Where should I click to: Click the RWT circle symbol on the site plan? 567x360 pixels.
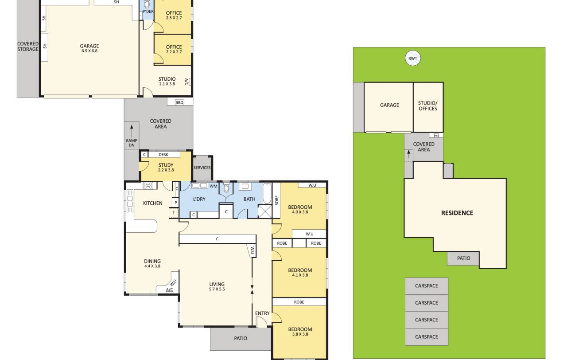tap(412, 58)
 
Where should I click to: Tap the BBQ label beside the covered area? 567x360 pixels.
tap(179, 102)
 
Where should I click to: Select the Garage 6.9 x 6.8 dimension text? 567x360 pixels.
tap(89, 51)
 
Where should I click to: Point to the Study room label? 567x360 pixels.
tap(166, 165)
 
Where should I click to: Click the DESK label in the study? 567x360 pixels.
tap(163, 155)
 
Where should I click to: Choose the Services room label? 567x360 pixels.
tap(202, 168)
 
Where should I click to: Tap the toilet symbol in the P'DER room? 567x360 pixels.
tap(147, 4)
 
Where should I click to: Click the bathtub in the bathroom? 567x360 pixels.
tap(267, 193)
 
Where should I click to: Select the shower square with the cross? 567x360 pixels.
tap(264, 211)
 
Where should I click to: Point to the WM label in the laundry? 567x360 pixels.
tap(214, 186)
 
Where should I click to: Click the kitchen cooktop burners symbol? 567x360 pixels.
tap(148, 185)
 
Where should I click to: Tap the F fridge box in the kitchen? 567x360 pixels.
tap(174, 213)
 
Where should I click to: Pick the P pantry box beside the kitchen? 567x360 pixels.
tap(175, 203)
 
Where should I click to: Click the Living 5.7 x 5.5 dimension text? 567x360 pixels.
tap(217, 289)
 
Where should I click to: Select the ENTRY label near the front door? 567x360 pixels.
tap(262, 313)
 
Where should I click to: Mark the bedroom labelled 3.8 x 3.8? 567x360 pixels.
tap(300, 331)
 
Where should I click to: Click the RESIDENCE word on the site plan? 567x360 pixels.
tap(457, 213)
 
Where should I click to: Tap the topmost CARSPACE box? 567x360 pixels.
tap(427, 286)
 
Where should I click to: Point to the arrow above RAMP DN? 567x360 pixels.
tap(132, 131)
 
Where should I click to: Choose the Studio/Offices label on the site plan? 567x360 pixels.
tap(428, 106)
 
